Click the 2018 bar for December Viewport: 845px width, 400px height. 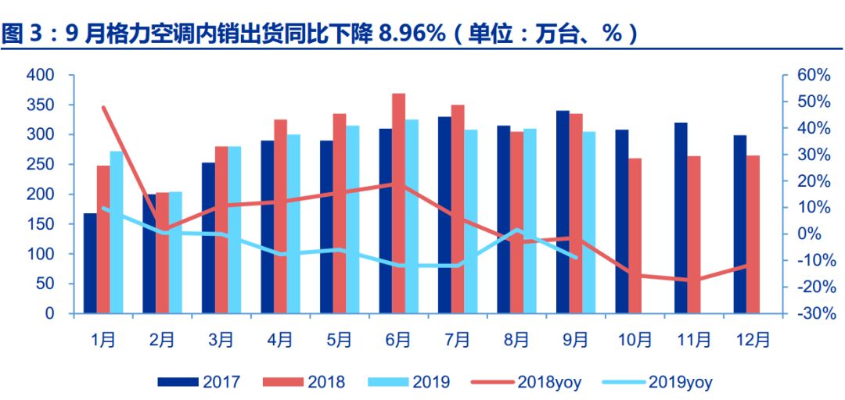[x=752, y=234]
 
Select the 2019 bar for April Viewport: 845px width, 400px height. [x=293, y=223]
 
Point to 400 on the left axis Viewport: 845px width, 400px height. [x=40, y=75]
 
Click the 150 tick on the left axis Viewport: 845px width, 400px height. [x=40, y=224]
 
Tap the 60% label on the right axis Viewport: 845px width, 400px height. [x=813, y=75]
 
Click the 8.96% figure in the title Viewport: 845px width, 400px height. [x=412, y=34]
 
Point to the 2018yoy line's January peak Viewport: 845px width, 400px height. [x=103, y=108]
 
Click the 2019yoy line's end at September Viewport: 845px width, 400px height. [x=576, y=256]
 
